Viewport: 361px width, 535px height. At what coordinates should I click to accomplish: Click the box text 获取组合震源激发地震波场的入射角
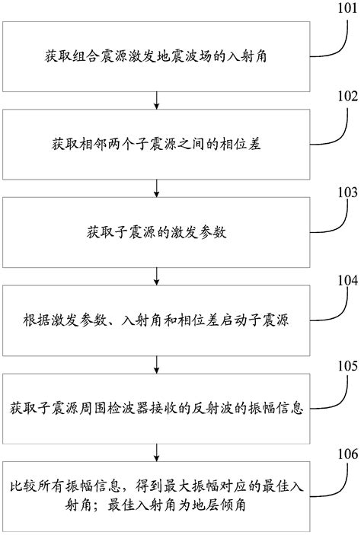(x=155, y=56)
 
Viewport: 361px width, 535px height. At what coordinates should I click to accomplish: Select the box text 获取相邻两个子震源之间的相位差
(x=155, y=143)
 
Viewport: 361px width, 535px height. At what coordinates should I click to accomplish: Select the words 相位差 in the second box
(x=244, y=143)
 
